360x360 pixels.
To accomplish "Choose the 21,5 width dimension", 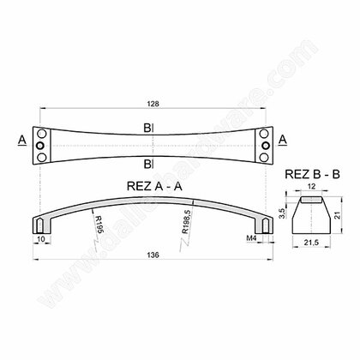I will coord(312,245).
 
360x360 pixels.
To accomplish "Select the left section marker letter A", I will coord(19,137).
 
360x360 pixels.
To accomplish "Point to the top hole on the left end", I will coord(41,135).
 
